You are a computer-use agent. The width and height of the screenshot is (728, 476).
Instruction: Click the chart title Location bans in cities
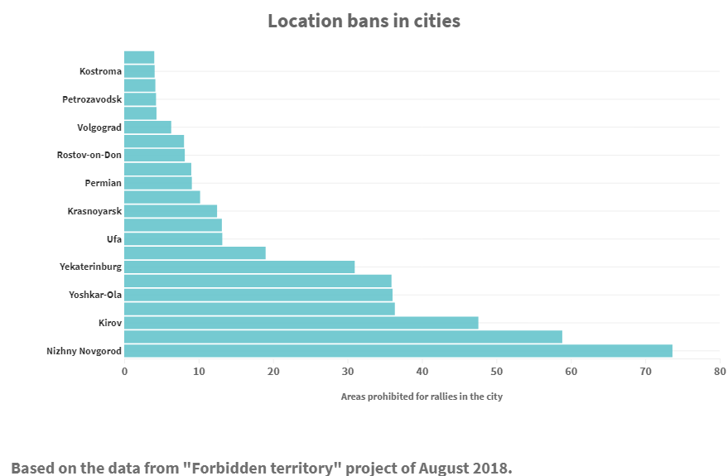click(364, 21)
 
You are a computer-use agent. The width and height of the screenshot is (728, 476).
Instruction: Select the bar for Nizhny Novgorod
click(398, 351)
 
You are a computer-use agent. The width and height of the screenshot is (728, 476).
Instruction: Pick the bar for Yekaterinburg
click(239, 267)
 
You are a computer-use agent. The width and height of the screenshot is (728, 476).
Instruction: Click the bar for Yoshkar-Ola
click(258, 295)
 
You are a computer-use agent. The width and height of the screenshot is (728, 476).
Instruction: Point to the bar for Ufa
click(173, 239)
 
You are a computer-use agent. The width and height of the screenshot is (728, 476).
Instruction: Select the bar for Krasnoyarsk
click(170, 211)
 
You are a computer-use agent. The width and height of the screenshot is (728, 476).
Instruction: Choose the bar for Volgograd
click(147, 127)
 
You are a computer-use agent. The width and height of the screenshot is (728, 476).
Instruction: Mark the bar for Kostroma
click(139, 71)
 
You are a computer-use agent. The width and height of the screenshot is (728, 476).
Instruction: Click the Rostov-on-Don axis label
click(89, 156)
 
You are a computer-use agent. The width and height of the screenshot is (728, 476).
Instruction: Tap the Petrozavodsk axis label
click(91, 99)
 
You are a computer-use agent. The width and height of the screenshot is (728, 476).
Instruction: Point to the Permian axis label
click(103, 183)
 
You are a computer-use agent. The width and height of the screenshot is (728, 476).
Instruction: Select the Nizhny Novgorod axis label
click(84, 351)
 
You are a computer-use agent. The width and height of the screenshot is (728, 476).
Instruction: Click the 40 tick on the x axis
click(422, 372)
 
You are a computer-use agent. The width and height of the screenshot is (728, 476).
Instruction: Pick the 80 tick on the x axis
click(720, 372)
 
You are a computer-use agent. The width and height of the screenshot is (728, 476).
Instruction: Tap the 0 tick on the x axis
click(124, 372)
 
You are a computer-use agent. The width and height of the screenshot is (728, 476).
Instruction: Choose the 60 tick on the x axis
click(571, 372)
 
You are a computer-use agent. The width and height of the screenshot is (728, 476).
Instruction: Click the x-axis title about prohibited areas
click(422, 397)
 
